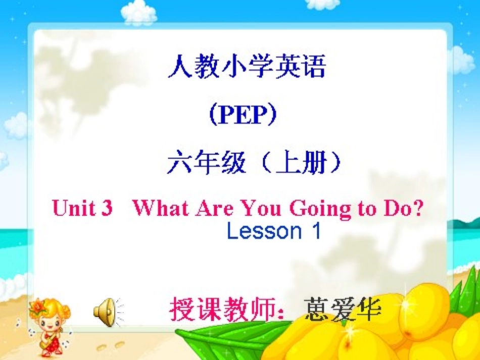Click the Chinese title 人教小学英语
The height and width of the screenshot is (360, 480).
(247, 67)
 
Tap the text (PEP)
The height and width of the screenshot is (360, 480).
(243, 116)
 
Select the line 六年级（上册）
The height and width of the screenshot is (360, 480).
(255, 164)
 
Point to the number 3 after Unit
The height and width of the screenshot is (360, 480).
(107, 208)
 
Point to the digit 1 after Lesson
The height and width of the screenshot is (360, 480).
(316, 231)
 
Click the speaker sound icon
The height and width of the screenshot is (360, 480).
(107, 312)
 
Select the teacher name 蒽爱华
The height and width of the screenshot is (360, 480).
(343, 309)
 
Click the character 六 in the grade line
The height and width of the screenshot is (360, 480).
(178, 164)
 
